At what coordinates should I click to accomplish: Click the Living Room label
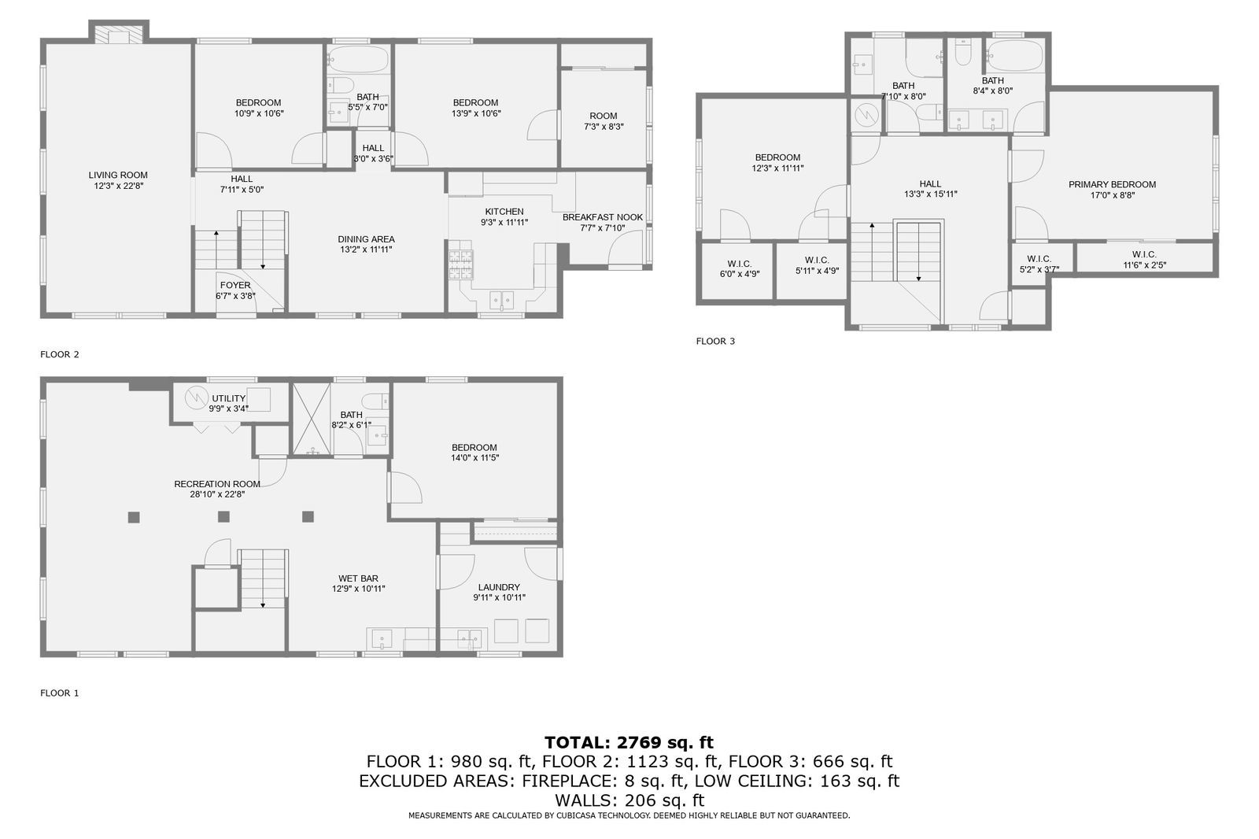(118, 176)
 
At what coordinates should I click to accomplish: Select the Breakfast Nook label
(603, 217)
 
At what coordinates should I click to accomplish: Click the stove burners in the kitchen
(461, 264)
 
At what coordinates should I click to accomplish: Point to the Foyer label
(235, 286)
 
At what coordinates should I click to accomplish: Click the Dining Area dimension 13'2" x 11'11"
(366, 249)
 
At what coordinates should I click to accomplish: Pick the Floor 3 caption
(715, 342)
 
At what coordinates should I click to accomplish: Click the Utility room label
(228, 399)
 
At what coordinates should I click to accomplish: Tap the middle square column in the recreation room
(223, 517)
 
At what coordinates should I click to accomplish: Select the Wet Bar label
(359, 578)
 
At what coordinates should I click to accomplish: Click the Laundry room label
(499, 587)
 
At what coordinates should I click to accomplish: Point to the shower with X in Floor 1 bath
(312, 419)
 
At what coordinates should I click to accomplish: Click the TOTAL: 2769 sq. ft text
(629, 742)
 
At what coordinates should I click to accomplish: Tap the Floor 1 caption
(60, 693)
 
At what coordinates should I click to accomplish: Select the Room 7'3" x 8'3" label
(604, 116)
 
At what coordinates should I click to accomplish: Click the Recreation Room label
(217, 484)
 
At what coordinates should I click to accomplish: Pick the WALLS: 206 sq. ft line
(629, 800)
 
